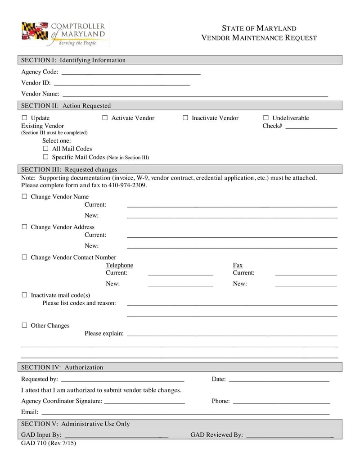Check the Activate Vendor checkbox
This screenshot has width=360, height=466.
105,118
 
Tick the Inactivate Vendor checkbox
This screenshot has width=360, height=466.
185,118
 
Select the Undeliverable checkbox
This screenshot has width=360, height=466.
265,118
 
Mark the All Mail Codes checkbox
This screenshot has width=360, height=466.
45,149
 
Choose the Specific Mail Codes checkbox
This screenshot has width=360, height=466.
45,157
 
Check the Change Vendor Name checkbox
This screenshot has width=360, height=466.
25,197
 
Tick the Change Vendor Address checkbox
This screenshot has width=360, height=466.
25,227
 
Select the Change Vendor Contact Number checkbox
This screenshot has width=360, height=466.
25,258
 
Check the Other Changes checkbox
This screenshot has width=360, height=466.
25,326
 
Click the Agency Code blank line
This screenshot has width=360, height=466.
130,73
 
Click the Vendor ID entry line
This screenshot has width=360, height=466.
121,84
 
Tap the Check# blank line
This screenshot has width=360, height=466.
311,127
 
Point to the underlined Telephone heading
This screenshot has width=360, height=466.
119,265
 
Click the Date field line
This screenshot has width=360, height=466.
279,380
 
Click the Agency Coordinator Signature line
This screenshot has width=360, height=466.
144,402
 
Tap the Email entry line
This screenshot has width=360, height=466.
185,413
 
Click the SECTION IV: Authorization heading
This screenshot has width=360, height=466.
62,367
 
